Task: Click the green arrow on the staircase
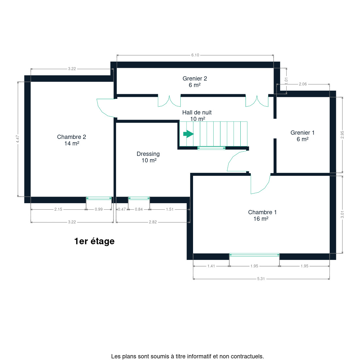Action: pyautogui.click(x=188, y=134)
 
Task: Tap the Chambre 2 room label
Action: pyautogui.click(x=72, y=140)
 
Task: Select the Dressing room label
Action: pyautogui.click(x=148, y=157)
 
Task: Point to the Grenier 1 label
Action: pyautogui.click(x=302, y=136)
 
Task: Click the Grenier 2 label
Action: pyautogui.click(x=195, y=82)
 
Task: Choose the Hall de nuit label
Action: pyautogui.click(x=197, y=115)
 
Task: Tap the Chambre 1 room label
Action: pyautogui.click(x=262, y=215)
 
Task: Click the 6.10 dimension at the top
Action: pyautogui.click(x=195, y=55)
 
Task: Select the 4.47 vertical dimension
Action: pyautogui.click(x=18, y=139)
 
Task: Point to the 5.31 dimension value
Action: pyautogui.click(x=261, y=279)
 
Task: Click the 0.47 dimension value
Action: pyautogui.click(x=122, y=209)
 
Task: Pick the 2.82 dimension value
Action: pyautogui.click(x=153, y=222)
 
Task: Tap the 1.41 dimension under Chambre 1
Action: pyautogui.click(x=211, y=266)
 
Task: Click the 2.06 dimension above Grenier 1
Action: pyautogui.click(x=303, y=84)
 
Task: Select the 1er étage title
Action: pyautogui.click(x=94, y=241)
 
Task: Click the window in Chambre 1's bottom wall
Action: pyautogui.click(x=254, y=255)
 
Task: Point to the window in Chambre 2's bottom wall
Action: pyautogui.click(x=99, y=198)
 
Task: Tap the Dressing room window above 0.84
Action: pyautogui.click(x=139, y=198)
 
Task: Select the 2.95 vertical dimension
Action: pyautogui.click(x=342, y=135)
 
